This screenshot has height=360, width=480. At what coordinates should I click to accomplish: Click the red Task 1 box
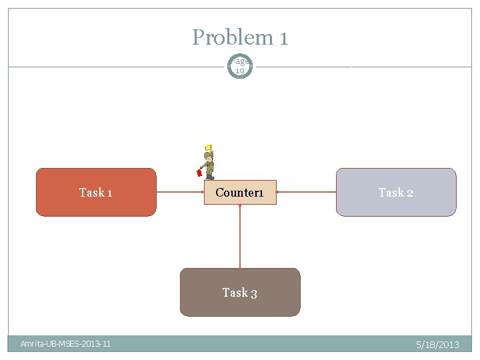[95, 192]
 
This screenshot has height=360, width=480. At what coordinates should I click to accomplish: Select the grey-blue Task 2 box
[396, 192]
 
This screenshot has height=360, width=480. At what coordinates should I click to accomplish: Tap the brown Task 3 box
[240, 292]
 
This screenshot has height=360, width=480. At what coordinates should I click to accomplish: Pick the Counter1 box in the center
[240, 192]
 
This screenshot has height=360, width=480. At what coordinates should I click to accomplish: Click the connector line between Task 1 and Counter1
[180, 192]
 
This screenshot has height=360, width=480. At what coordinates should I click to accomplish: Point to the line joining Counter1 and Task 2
[306, 192]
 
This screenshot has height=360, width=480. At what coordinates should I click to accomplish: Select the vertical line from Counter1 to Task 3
[240, 237]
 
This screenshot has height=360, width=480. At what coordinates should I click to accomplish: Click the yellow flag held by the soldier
[208, 147]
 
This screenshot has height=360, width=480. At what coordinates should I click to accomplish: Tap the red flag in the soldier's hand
[199, 173]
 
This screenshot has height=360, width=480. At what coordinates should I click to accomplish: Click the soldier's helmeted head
[209, 155]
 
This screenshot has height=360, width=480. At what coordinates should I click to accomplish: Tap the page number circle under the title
[240, 65]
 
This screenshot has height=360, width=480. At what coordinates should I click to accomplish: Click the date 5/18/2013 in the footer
[437, 345]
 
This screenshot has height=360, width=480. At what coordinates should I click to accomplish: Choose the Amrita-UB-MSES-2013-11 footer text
[65, 344]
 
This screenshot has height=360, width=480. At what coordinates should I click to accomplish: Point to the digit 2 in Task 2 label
[409, 193]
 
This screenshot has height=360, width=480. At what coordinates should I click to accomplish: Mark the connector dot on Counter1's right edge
[276, 192]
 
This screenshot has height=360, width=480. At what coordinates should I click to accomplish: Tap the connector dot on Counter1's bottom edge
[240, 205]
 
